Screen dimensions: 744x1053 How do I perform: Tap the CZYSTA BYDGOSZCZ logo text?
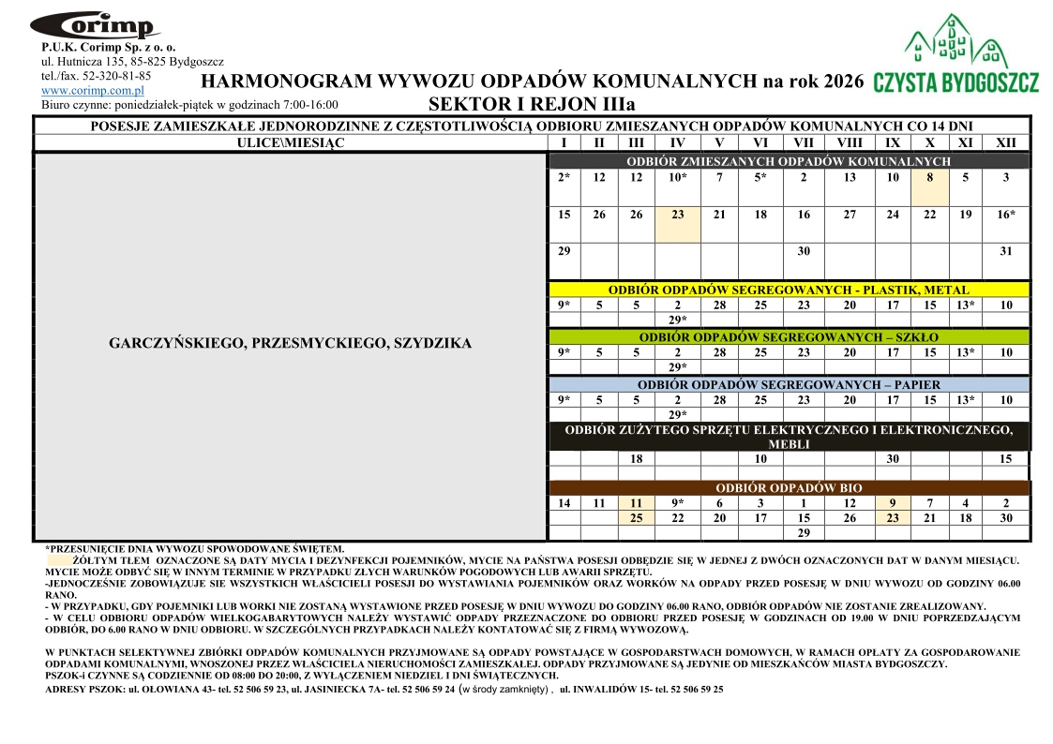(x=955, y=82)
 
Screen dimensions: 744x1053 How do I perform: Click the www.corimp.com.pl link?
(x=92, y=90)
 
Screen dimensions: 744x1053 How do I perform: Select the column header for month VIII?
(x=849, y=142)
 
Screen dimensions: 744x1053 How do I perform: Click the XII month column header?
(x=1005, y=142)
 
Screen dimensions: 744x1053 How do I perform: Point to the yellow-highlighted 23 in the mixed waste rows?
(x=678, y=215)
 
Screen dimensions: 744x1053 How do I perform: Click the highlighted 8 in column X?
(x=929, y=177)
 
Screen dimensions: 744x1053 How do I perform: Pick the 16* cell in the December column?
(x=1005, y=215)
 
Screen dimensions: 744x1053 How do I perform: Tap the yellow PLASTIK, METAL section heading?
(x=789, y=290)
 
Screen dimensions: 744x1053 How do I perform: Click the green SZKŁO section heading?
(x=789, y=336)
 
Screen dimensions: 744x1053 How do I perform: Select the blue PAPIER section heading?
(x=789, y=384)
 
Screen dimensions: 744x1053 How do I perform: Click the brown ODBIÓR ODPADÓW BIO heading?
(x=789, y=488)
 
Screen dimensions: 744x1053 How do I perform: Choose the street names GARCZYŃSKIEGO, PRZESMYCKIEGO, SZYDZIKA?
(x=291, y=343)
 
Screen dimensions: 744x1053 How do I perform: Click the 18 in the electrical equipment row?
(x=636, y=459)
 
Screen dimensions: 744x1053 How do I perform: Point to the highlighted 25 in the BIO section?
(x=636, y=518)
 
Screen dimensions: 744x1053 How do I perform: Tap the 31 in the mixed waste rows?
(x=1005, y=251)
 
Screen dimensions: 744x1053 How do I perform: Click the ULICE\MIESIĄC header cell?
(x=291, y=142)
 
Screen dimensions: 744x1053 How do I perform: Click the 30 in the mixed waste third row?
(x=804, y=251)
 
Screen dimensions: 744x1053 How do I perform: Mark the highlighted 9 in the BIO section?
(x=892, y=503)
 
